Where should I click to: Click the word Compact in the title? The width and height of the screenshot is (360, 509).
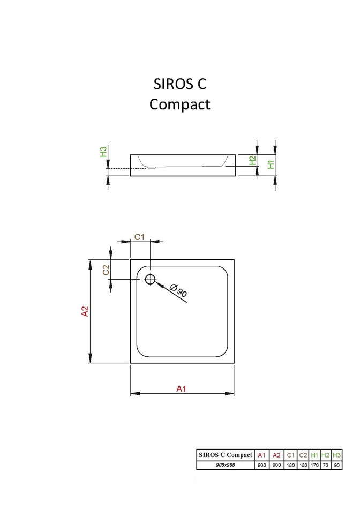click(x=180, y=104)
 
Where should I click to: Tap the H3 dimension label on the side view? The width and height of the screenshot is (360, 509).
click(x=103, y=152)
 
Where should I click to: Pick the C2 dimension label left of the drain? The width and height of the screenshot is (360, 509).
click(x=106, y=270)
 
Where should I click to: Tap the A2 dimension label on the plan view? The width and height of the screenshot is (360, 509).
click(x=85, y=311)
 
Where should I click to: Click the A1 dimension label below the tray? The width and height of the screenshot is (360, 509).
click(x=182, y=389)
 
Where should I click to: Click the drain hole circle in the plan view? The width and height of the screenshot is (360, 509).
click(x=150, y=279)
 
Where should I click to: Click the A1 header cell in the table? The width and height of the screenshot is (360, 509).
click(x=262, y=455)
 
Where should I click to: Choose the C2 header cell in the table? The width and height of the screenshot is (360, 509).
click(x=303, y=455)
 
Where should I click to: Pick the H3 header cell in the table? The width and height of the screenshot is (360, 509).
click(x=336, y=455)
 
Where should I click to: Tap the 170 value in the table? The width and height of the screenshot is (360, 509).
click(x=314, y=465)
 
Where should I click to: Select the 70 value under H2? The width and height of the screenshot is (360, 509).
click(x=325, y=465)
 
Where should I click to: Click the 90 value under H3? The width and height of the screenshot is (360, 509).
click(x=336, y=465)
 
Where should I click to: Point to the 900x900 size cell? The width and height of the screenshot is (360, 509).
click(x=225, y=465)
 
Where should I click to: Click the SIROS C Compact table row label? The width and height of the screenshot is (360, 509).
click(x=225, y=455)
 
